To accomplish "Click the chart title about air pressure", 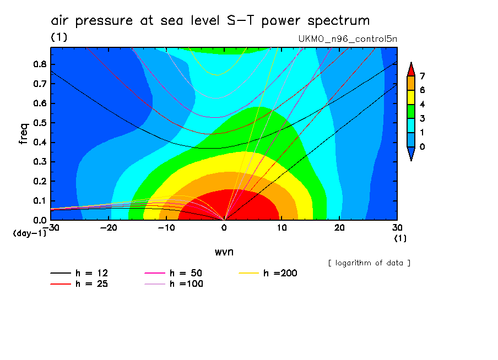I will click(210, 21).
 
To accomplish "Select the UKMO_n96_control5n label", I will click(347, 39).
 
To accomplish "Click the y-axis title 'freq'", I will click(24, 134).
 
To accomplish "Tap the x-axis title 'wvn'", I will click(224, 252).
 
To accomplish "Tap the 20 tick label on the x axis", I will click(340, 227).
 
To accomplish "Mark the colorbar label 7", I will click(422, 76).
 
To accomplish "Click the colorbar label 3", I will click(422, 118).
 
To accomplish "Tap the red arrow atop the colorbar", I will click(410, 69).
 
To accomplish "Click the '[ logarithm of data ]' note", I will click(369, 263).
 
